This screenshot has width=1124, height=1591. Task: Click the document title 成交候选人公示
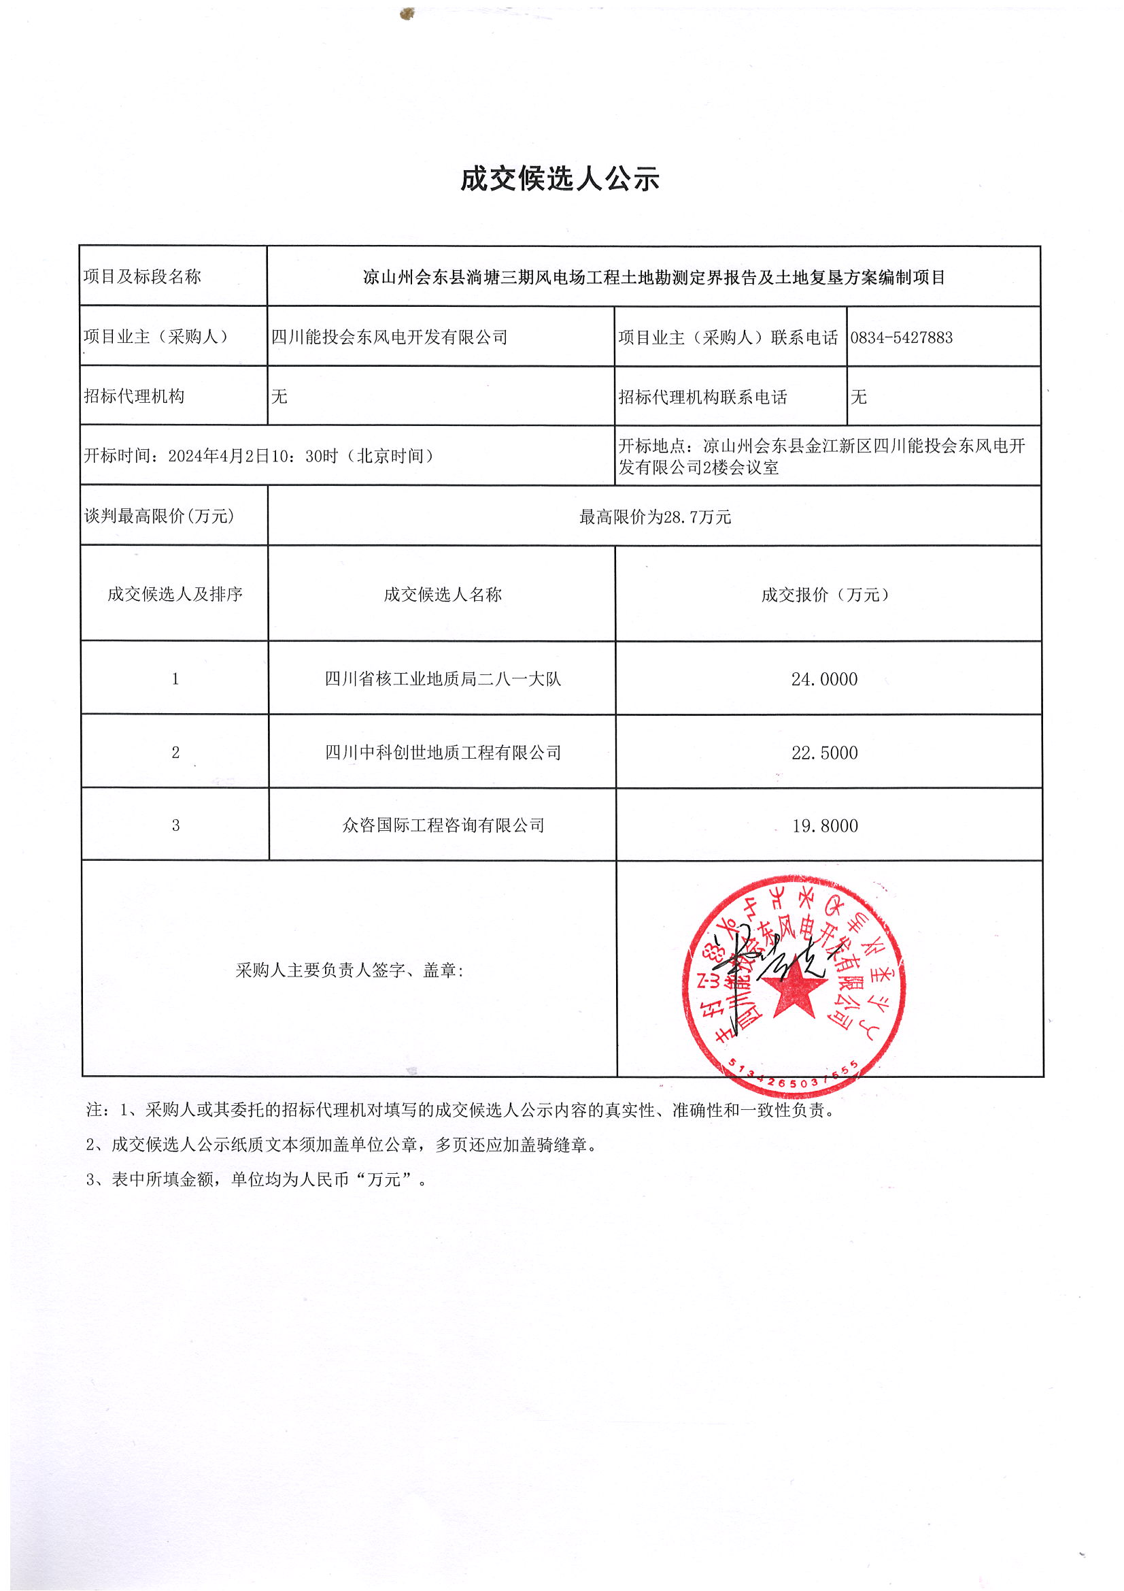tap(560, 179)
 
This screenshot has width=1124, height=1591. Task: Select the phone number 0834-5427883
tap(901, 338)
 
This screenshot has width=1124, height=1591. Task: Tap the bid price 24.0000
tap(824, 679)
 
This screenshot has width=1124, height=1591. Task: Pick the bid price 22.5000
tap(824, 753)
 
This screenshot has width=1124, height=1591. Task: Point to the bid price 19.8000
tap(825, 825)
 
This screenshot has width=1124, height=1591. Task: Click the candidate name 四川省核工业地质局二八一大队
tap(443, 679)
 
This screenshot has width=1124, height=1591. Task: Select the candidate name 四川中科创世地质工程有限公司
tap(443, 753)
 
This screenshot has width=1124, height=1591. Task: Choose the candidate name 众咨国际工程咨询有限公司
tap(443, 825)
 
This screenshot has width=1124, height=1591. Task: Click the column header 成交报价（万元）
tap(824, 595)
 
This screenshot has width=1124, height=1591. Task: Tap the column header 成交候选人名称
tap(443, 595)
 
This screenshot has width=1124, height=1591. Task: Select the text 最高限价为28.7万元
tap(654, 516)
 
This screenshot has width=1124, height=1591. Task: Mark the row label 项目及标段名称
tap(142, 276)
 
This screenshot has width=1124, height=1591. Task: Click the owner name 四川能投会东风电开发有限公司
tap(389, 338)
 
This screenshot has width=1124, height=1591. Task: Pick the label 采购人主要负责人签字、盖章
tap(349, 970)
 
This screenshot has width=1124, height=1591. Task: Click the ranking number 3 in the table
tap(175, 825)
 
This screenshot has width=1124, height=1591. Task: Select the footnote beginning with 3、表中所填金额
tap(256, 1179)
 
